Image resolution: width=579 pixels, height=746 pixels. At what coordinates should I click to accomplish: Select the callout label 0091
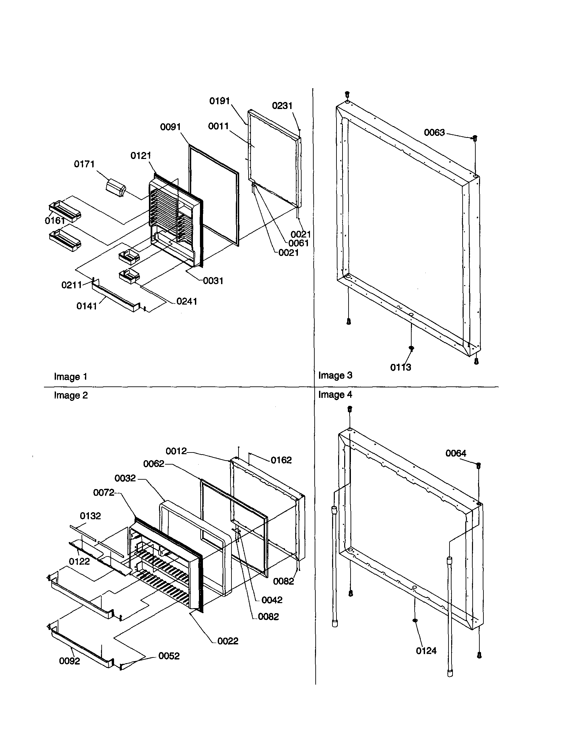click(x=170, y=127)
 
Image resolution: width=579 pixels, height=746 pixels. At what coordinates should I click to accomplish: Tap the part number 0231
click(x=282, y=106)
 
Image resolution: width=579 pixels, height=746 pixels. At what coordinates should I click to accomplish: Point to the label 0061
click(x=299, y=243)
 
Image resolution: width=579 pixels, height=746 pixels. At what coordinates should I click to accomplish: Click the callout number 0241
click(x=187, y=301)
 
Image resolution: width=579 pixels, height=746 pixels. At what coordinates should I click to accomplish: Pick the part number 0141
click(x=87, y=306)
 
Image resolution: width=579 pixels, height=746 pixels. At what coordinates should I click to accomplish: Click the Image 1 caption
click(x=71, y=377)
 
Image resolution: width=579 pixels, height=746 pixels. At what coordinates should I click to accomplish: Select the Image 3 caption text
click(x=335, y=375)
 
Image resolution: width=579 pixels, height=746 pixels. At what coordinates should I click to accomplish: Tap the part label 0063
click(x=434, y=132)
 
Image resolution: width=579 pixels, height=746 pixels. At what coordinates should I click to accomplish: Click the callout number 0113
click(x=400, y=368)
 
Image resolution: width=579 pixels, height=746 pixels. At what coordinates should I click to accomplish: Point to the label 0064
click(x=456, y=453)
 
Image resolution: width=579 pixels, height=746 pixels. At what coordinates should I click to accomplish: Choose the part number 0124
click(x=426, y=651)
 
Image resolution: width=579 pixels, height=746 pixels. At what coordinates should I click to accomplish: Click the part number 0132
click(x=90, y=516)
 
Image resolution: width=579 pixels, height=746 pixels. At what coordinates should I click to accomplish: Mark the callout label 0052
click(x=169, y=656)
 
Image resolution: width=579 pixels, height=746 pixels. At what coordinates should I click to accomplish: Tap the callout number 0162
click(x=281, y=460)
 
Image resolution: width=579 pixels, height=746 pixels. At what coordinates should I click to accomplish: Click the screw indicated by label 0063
click(x=475, y=138)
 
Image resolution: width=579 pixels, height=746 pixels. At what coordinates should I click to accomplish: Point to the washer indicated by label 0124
click(x=415, y=621)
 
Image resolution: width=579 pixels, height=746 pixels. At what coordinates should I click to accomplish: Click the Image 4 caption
click(x=335, y=395)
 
